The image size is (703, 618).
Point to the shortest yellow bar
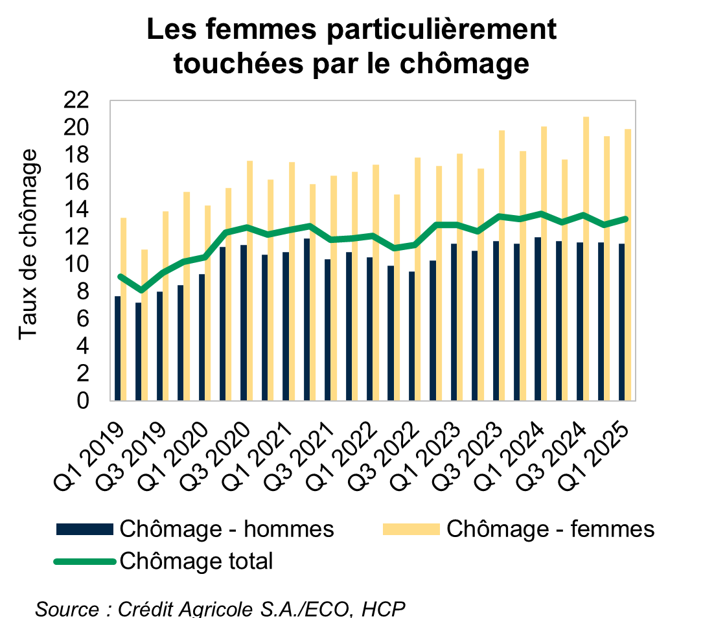(144, 325)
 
